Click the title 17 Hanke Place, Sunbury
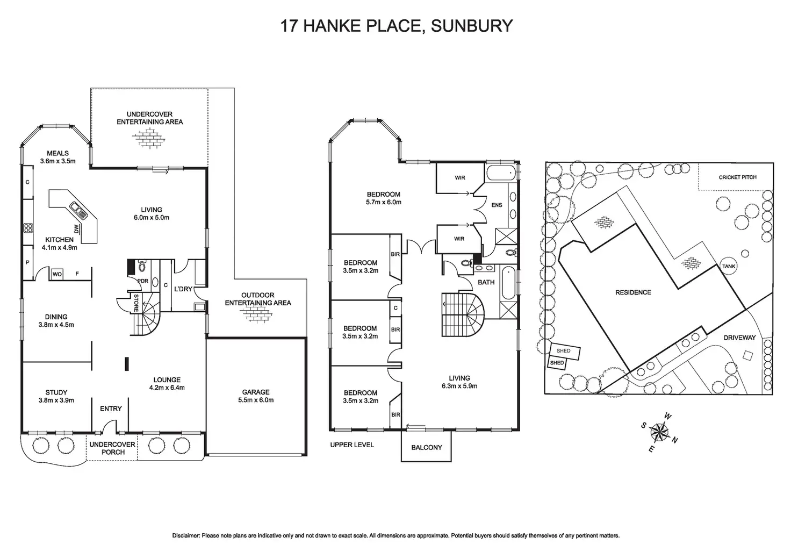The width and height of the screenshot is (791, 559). [x=396, y=25]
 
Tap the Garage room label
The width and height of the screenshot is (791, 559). [x=255, y=392]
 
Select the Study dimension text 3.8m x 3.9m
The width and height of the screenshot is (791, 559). [x=56, y=400]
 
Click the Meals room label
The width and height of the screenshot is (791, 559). [x=57, y=153]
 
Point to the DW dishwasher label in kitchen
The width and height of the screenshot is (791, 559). [x=77, y=230]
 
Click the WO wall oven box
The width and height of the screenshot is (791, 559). [x=57, y=275]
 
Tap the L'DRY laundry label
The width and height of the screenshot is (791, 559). [x=183, y=289]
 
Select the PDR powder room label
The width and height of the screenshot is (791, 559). [x=143, y=281]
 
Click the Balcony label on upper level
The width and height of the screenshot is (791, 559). [x=426, y=447]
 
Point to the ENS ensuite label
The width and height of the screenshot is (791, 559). [x=497, y=205]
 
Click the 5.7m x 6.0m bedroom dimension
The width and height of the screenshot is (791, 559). [x=384, y=203]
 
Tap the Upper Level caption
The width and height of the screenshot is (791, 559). [x=352, y=445]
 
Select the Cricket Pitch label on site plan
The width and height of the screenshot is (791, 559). [x=737, y=177]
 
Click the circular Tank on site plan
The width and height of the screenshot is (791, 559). [x=729, y=267]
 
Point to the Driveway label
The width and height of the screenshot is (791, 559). [x=739, y=338]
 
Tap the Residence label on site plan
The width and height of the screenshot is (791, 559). [x=633, y=292]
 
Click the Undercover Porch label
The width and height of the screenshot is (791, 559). [x=106, y=448]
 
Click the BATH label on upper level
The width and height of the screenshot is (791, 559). [x=486, y=282]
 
